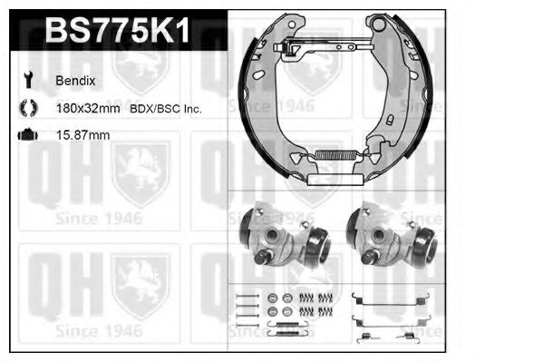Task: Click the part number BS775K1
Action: (x=118, y=30)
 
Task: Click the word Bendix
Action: (x=75, y=81)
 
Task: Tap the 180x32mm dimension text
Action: (x=88, y=109)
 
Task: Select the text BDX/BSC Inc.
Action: (x=166, y=109)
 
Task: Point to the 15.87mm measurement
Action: (x=82, y=135)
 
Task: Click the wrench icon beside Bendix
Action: (x=28, y=80)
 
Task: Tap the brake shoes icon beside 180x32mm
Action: (x=28, y=107)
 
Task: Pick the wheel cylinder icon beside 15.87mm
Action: (x=28, y=134)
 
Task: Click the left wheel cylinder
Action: (x=284, y=236)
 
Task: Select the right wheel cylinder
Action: (x=392, y=236)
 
